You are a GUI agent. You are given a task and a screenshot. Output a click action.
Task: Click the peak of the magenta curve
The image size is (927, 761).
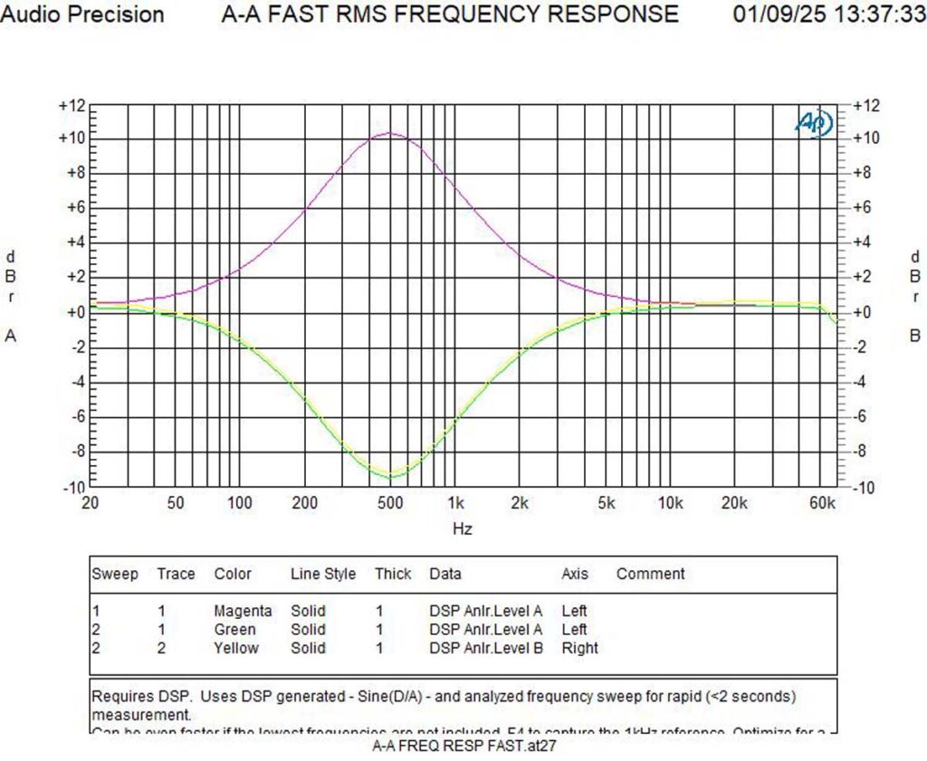tap(390, 133)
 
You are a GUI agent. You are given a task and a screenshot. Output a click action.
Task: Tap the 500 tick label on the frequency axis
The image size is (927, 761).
tap(390, 504)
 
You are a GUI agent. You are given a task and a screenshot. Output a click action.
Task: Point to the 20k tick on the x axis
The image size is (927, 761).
tap(734, 504)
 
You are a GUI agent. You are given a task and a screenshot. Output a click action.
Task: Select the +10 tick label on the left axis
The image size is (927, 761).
tap(72, 139)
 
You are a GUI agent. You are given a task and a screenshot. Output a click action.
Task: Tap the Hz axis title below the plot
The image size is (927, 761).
tap(462, 528)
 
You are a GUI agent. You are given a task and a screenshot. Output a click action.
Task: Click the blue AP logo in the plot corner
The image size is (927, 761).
tap(814, 123)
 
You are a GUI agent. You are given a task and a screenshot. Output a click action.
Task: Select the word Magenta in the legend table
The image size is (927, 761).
tap(243, 612)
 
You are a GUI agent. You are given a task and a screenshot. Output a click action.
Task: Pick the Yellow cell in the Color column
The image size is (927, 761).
tap(235, 648)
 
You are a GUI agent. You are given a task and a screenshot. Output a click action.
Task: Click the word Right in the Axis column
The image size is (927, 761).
tap(579, 648)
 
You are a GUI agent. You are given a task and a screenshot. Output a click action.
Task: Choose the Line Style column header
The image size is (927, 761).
tap(323, 574)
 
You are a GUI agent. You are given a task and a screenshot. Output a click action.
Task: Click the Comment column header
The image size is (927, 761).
tap(650, 574)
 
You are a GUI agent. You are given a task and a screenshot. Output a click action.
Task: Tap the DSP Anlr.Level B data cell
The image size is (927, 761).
tap(486, 648)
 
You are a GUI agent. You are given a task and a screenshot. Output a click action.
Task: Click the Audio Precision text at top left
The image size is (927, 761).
tap(83, 14)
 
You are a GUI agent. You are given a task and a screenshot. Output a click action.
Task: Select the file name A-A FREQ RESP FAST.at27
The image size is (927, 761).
tap(464, 747)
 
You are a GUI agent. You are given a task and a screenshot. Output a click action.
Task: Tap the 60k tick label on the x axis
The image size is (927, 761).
tap(823, 504)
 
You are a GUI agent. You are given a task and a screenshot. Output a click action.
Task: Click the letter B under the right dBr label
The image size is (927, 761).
tap(915, 336)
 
